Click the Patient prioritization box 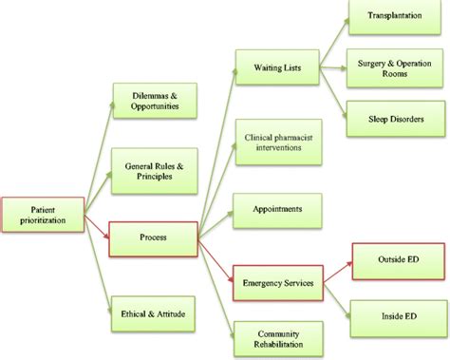tap(42, 215)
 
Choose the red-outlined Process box tap(153, 237)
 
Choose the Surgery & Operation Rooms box tap(391, 68)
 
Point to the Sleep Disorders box tap(391, 119)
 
